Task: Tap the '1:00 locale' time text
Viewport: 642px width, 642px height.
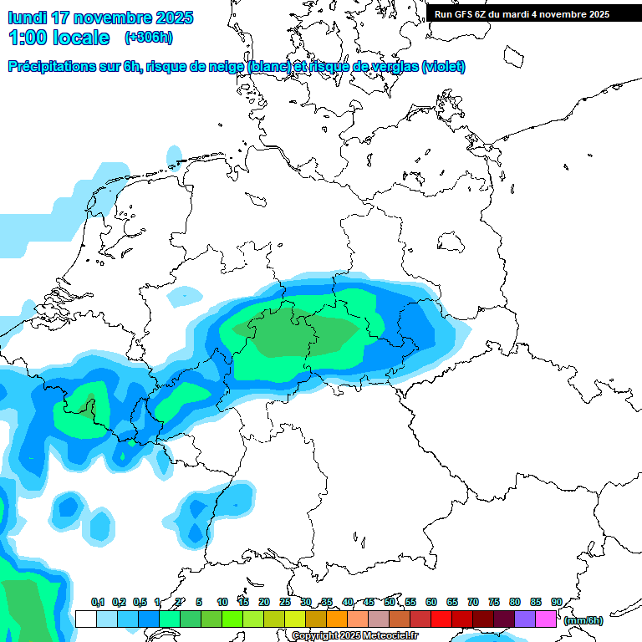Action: tap(59, 38)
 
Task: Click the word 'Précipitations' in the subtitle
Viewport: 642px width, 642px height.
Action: tap(51, 67)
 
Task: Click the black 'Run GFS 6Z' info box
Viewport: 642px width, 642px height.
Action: tap(533, 13)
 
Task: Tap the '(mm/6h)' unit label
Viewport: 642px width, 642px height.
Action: tap(583, 620)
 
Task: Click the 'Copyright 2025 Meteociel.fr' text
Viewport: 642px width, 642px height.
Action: tap(354, 636)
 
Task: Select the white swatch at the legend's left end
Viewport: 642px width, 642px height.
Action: tap(85, 619)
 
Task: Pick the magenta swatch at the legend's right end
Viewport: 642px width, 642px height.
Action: tap(546, 619)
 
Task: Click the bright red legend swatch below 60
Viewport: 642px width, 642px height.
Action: tap(441, 619)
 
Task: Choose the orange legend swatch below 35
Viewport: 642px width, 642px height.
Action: tap(337, 619)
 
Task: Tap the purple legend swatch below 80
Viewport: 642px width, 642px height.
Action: tap(525, 619)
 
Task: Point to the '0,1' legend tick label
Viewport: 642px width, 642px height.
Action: tap(98, 603)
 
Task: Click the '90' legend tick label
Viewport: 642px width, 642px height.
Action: tap(556, 603)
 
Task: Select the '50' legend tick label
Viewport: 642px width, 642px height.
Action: tap(390, 603)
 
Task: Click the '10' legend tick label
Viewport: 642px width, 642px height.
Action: tap(222, 603)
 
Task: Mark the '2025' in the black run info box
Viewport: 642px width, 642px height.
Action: tap(594, 14)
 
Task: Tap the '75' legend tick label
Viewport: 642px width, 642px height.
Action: tap(494, 603)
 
